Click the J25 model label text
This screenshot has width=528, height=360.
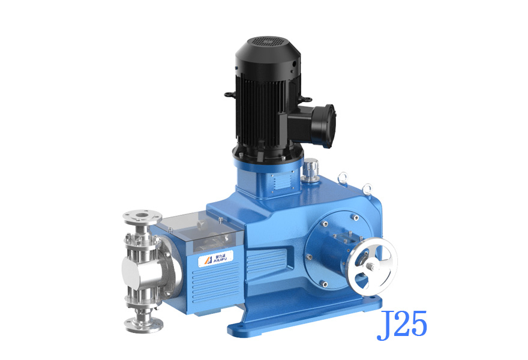point(401,325)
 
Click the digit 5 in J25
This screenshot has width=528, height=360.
point(418,325)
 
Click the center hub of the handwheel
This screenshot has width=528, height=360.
point(371,266)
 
